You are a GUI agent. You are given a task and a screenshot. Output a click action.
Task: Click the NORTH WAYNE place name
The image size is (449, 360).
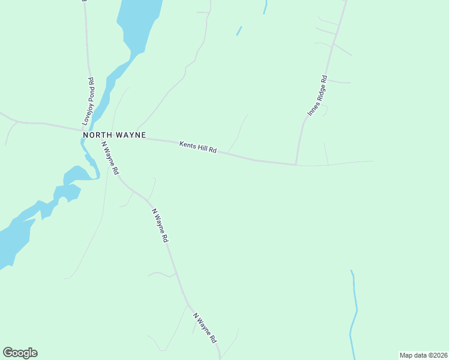(114, 135)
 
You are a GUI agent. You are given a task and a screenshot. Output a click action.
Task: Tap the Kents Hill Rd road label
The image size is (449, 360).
(197, 146)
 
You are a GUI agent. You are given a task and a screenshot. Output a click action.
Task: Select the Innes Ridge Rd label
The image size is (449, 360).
(317, 95)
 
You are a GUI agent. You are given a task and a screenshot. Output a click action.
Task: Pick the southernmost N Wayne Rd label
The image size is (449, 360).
(205, 328)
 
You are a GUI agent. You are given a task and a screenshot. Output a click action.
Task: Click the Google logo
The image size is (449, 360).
(20, 353)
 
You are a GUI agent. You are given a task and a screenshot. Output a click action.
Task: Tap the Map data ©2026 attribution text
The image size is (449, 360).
(423, 355)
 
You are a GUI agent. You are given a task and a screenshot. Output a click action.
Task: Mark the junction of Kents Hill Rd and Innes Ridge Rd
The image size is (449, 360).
(296, 163)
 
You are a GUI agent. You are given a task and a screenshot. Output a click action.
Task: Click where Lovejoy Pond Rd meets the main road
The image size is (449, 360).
(83, 128)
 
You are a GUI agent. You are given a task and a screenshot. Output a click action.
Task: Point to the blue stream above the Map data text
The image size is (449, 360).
(354, 312)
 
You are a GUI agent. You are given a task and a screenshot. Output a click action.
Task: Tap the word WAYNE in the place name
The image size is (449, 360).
(131, 135)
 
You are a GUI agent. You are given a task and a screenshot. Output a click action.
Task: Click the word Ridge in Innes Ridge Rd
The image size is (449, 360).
(317, 96)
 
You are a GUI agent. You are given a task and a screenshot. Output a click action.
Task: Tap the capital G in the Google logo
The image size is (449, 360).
(8, 352)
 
